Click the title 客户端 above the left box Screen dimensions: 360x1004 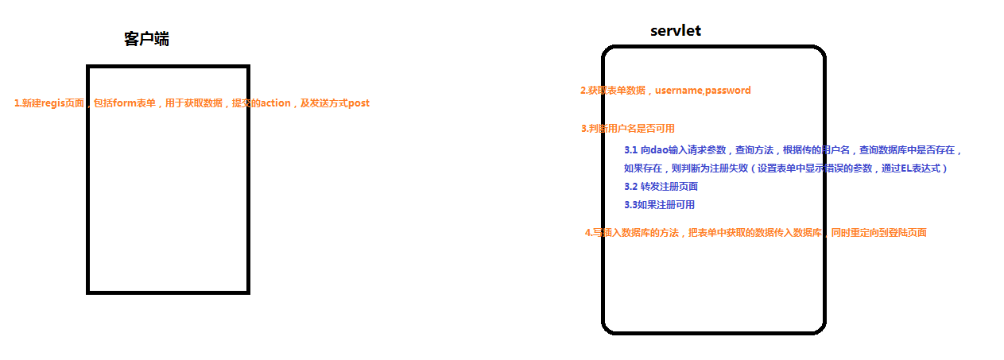[146, 39]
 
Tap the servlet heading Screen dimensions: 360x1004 [675, 31]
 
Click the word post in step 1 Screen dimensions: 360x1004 [359, 103]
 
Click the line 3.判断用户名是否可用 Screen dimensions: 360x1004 [628, 129]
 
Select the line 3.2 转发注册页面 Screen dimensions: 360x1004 [661, 187]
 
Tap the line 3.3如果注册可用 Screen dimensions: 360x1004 [659, 205]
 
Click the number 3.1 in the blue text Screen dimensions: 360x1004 [631, 149]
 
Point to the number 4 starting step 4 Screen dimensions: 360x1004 [587, 233]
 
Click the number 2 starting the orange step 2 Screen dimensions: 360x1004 [583, 91]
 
